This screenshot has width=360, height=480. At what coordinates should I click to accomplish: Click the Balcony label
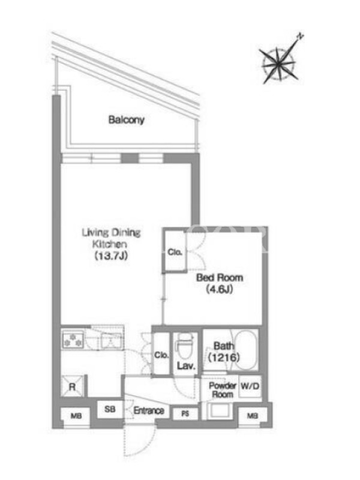[127, 119]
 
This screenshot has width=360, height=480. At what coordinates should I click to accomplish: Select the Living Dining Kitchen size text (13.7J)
[111, 256]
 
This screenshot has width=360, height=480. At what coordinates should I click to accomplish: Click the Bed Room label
[220, 278]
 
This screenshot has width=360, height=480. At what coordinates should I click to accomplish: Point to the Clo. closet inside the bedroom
[175, 251]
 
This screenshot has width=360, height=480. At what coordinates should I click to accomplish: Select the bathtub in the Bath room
[244, 350]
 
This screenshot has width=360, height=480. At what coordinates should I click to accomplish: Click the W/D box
[250, 386]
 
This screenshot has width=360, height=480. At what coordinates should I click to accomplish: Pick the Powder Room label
[223, 389]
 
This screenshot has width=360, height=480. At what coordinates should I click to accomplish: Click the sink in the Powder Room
[220, 411]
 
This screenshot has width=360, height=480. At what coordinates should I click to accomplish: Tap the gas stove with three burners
[73, 340]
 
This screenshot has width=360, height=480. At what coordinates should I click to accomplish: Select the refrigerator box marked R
[72, 386]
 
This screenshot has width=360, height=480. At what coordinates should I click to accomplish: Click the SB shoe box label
[110, 409]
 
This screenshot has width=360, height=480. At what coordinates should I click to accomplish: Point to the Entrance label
[149, 410]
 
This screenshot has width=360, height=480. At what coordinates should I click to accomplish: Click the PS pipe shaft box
[185, 414]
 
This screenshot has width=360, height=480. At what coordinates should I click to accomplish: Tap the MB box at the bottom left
[76, 416]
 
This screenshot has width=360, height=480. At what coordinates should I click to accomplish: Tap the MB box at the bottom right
[253, 416]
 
